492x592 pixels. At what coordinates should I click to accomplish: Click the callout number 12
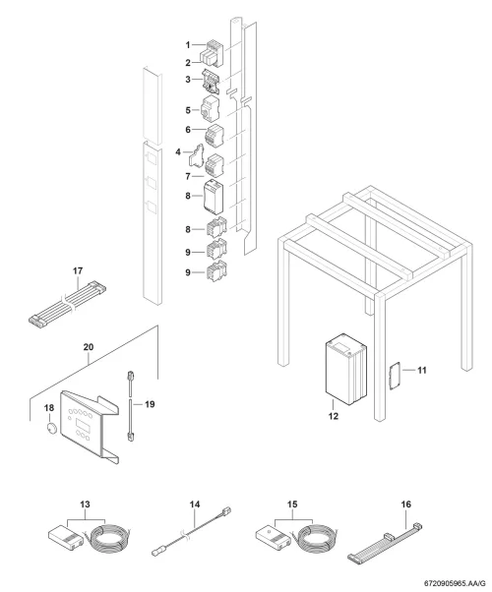point(333,416)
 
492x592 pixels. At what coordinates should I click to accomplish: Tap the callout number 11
point(422,370)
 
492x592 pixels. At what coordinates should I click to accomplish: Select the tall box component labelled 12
point(345,369)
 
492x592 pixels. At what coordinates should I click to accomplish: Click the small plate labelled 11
point(395,376)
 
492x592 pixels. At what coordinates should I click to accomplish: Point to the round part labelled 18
point(50,429)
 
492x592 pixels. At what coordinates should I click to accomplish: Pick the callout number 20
point(88,347)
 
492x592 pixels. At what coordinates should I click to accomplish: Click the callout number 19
point(150,404)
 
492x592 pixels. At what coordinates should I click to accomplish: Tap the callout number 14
point(195,504)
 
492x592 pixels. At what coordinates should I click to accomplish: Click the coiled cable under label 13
point(108,540)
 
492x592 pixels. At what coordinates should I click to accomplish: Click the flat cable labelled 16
point(385,542)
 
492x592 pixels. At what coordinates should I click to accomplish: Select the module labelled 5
point(209,108)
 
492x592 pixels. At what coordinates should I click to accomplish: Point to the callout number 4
point(178,152)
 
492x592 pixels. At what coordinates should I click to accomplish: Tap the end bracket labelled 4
point(196,156)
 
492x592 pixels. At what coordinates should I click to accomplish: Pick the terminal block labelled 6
point(214,135)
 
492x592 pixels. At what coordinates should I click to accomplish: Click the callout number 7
point(188,176)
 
